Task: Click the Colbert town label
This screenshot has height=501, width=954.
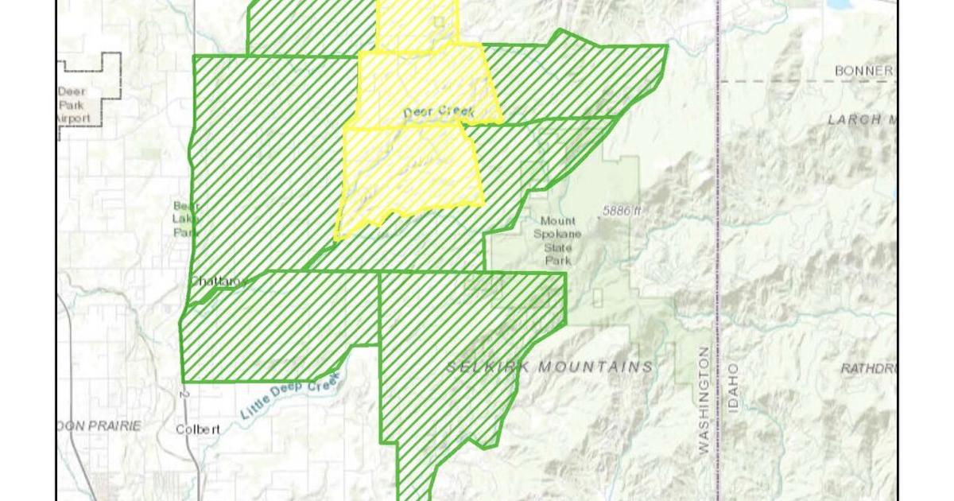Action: pos(197,429)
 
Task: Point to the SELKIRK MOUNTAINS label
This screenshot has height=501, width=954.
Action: pos(550,367)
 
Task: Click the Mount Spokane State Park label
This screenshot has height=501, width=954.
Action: pos(557,240)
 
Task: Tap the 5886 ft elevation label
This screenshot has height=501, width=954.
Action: pos(621,211)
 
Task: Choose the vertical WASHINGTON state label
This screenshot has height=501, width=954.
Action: pos(703,400)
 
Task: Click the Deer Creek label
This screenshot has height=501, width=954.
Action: pos(438,113)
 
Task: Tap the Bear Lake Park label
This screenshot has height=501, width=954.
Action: pos(185,219)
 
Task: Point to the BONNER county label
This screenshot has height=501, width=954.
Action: pos(863,71)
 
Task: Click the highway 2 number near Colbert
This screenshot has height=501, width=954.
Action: pos(183,394)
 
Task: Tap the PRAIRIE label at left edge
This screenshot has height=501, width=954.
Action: pos(102,426)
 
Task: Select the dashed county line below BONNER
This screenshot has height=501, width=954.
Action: pos(803,81)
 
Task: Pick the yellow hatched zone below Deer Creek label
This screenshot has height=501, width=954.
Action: pos(409,171)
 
